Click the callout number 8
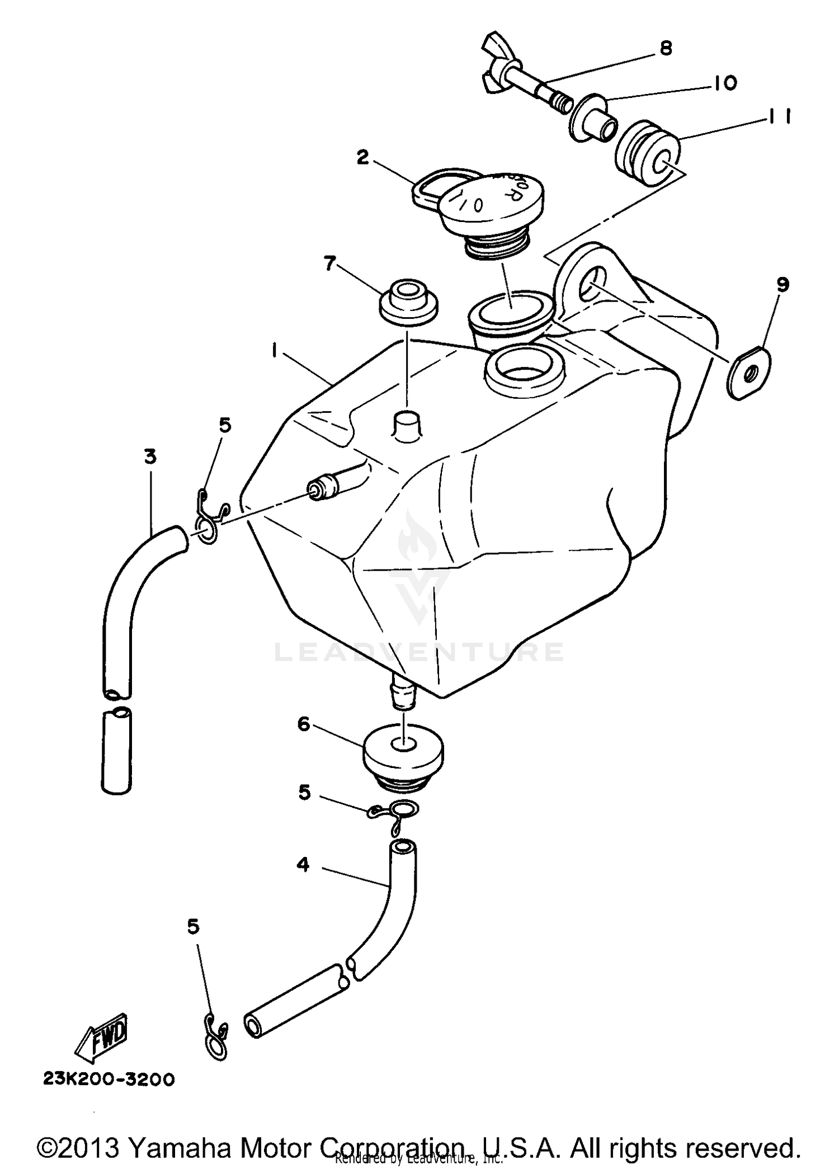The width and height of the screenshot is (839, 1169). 665,49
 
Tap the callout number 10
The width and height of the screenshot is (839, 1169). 725,83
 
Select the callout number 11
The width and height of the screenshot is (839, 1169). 778,117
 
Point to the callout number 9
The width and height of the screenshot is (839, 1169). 783,285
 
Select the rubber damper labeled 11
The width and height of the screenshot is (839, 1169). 649,154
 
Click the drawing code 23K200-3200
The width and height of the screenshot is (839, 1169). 109,1079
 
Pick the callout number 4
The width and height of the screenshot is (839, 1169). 303,865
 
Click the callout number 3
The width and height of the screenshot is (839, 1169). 149,456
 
